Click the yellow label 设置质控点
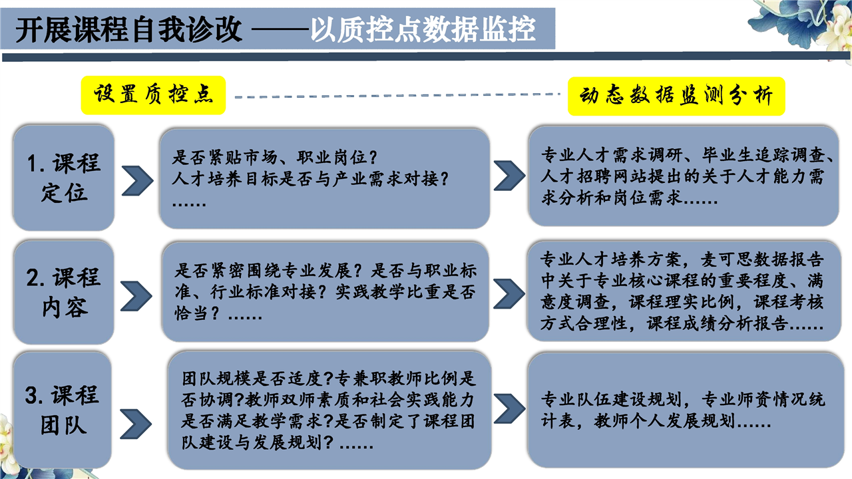(x=153, y=95)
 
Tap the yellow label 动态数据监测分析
(x=676, y=96)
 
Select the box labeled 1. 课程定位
(x=64, y=178)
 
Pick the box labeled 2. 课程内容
(x=64, y=292)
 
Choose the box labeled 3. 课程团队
(x=63, y=410)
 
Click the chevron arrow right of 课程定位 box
(x=138, y=180)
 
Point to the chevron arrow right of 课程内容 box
(x=136, y=296)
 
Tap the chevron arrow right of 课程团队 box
(x=136, y=424)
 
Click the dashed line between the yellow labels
(x=397, y=95)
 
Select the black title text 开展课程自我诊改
(x=128, y=30)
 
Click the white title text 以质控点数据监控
(x=423, y=30)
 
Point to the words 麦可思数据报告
(x=762, y=259)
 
